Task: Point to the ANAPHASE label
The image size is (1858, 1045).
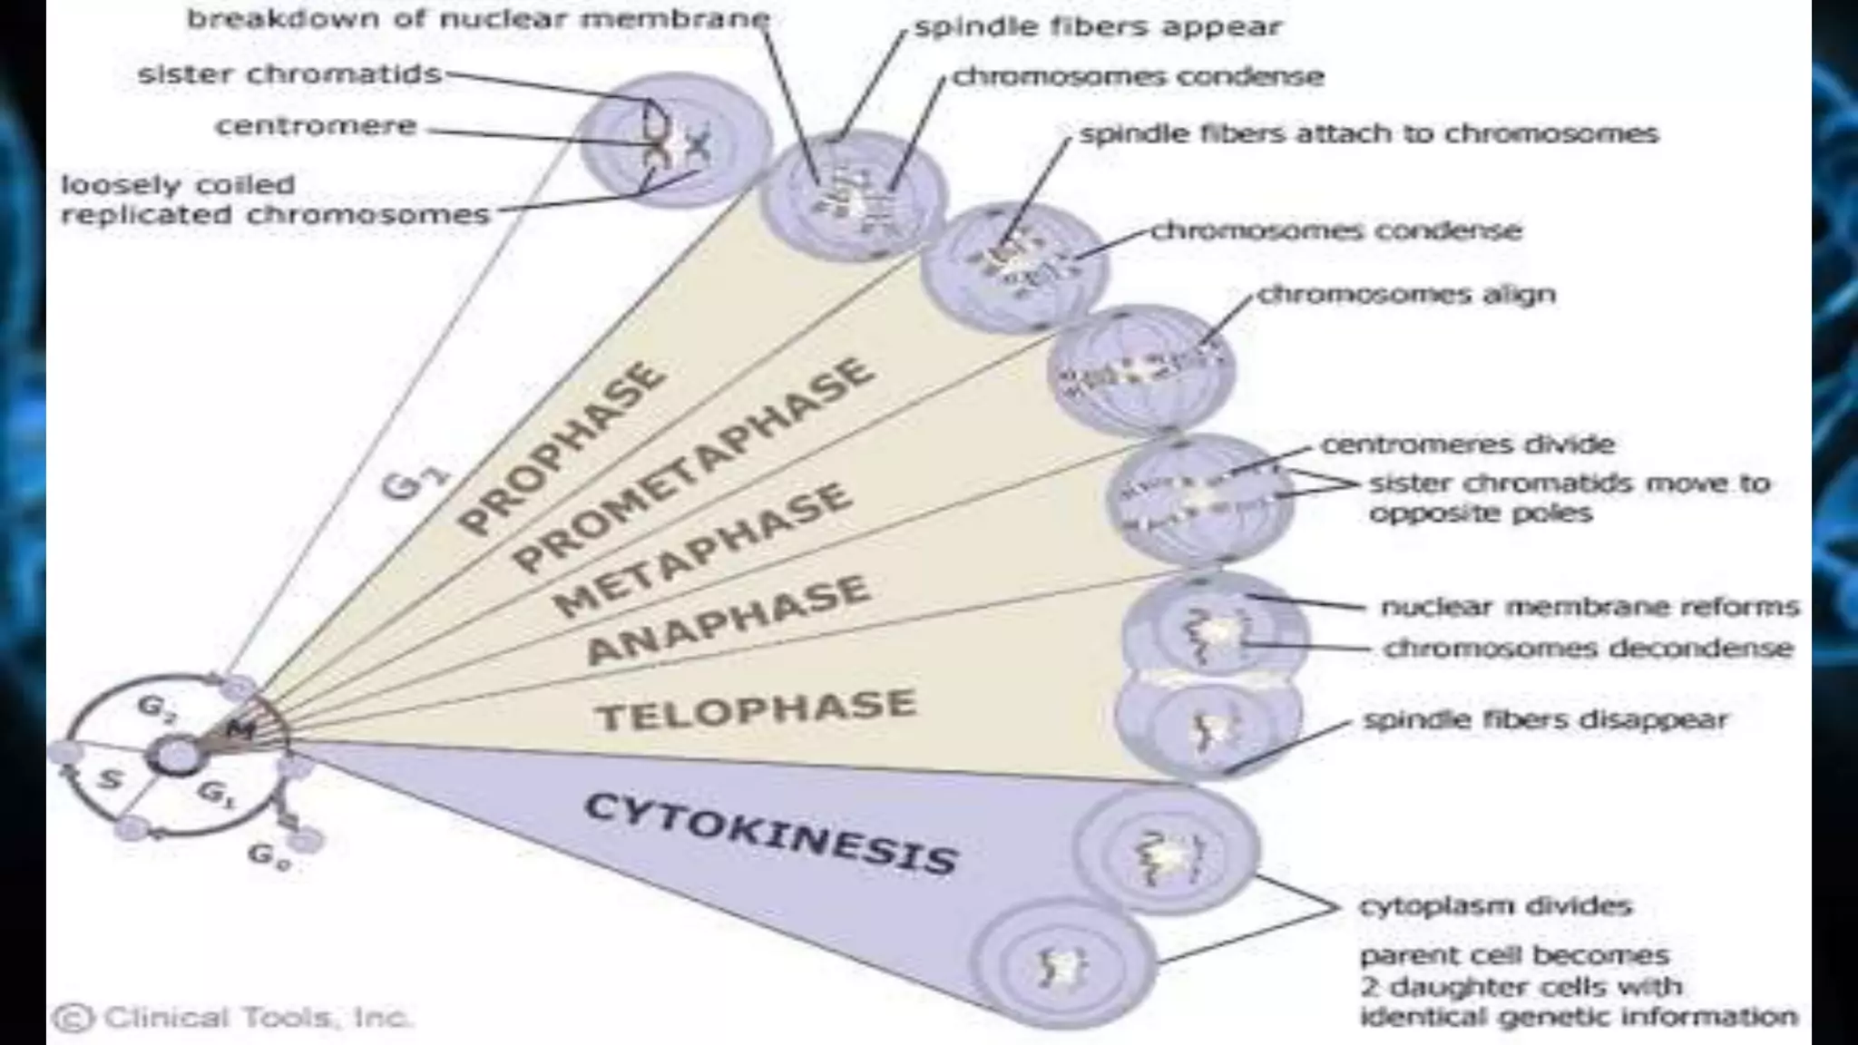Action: (x=729, y=620)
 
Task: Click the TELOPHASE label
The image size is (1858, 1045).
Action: (x=756, y=709)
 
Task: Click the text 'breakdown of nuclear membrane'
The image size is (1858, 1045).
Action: (x=478, y=18)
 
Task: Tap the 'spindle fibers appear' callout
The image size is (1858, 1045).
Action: (x=1098, y=27)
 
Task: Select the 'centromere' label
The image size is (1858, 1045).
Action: (x=316, y=126)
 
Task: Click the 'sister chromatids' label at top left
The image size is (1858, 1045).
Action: (x=289, y=74)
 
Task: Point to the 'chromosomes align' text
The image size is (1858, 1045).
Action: (x=1406, y=295)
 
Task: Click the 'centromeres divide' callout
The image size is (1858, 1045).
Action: (x=1467, y=444)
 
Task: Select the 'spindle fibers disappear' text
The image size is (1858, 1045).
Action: (x=1545, y=720)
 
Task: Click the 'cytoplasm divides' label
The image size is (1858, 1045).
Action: (x=1495, y=905)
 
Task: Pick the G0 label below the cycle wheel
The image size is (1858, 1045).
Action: (x=269, y=855)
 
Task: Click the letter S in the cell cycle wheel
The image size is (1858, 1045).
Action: (x=110, y=778)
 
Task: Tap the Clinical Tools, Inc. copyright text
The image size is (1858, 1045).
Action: (x=234, y=1018)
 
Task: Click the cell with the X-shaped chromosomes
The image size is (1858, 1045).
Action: (x=676, y=141)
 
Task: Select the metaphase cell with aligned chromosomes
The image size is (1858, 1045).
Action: (x=1140, y=370)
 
